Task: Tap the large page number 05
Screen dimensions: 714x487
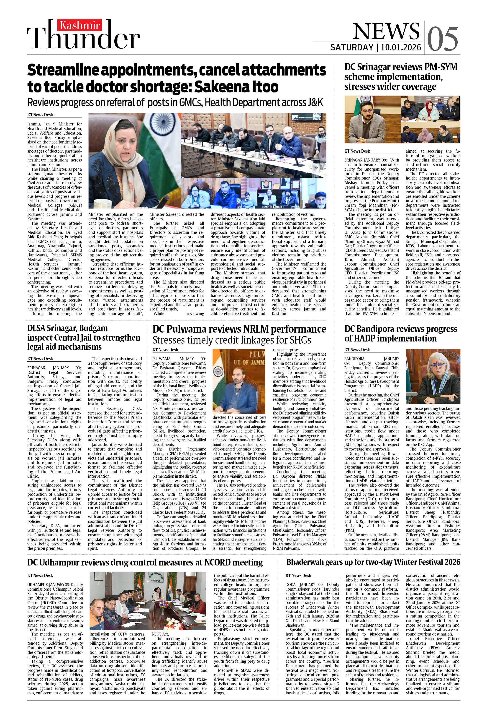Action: pos(443,39)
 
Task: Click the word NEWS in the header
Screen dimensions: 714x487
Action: pos(386,31)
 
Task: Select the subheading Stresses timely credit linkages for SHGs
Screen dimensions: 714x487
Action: pos(232,340)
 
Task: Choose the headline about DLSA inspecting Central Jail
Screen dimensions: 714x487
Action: pos(83,338)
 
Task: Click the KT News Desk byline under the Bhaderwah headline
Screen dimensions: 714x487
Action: pos(298,576)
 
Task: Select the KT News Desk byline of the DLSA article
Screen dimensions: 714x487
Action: pos(40,359)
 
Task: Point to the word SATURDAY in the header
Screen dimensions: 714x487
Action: pos(351,48)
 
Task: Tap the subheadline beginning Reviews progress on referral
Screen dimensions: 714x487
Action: pos(175,102)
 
